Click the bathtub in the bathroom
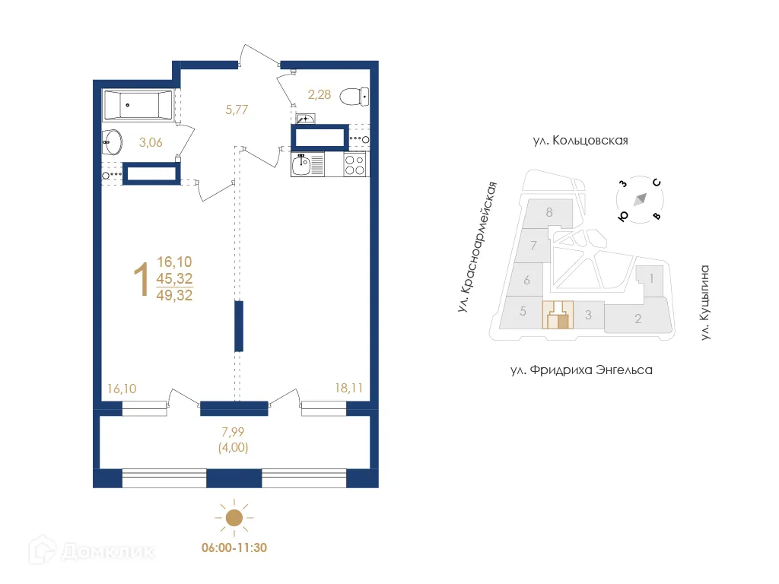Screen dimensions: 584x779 pos(138,105)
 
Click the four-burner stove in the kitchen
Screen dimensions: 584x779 pos(355,164)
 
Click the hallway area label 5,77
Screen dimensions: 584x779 pos(236,109)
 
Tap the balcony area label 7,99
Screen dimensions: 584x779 pos(233,433)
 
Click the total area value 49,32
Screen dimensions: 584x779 pos(175,295)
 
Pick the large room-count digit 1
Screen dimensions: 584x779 pos(141,279)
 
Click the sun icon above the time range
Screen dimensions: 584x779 pos(234,518)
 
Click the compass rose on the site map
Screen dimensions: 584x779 pos(640,198)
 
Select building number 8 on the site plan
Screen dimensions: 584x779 pos(548,212)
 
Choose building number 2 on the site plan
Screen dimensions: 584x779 pos(638,319)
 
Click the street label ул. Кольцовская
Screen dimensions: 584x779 pos(580,141)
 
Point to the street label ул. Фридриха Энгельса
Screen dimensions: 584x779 pos(582,370)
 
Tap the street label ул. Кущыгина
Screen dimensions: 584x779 pos(704,302)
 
